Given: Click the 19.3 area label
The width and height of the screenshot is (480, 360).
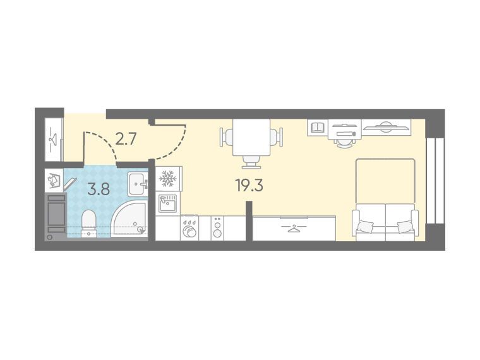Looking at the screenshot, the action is coord(249,185).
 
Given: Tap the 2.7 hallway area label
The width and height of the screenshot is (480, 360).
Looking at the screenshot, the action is coord(126,140).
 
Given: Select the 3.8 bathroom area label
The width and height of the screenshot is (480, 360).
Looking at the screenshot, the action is coord(99,189).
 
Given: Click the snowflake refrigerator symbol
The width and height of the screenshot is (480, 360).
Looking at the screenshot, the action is coord(168,179).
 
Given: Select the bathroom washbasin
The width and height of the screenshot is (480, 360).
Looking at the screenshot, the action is coord(138,184).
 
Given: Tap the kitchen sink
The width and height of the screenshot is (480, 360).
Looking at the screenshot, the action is coord(167,203).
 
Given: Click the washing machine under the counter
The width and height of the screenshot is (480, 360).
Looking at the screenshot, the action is coord(189,229).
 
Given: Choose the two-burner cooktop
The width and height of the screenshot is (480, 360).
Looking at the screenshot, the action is coord(217,228).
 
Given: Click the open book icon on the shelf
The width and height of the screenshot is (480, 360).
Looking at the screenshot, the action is coord(318,127).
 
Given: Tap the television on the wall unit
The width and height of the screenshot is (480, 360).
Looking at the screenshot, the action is coord(385,127).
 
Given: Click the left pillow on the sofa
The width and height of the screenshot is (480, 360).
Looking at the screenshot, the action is coord(365,227).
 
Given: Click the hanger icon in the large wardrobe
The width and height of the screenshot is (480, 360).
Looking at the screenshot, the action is coord(294,228).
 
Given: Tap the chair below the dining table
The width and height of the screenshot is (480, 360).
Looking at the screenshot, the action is coord(251,162).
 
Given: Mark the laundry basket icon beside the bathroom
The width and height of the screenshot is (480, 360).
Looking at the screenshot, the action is coord(54,180).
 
